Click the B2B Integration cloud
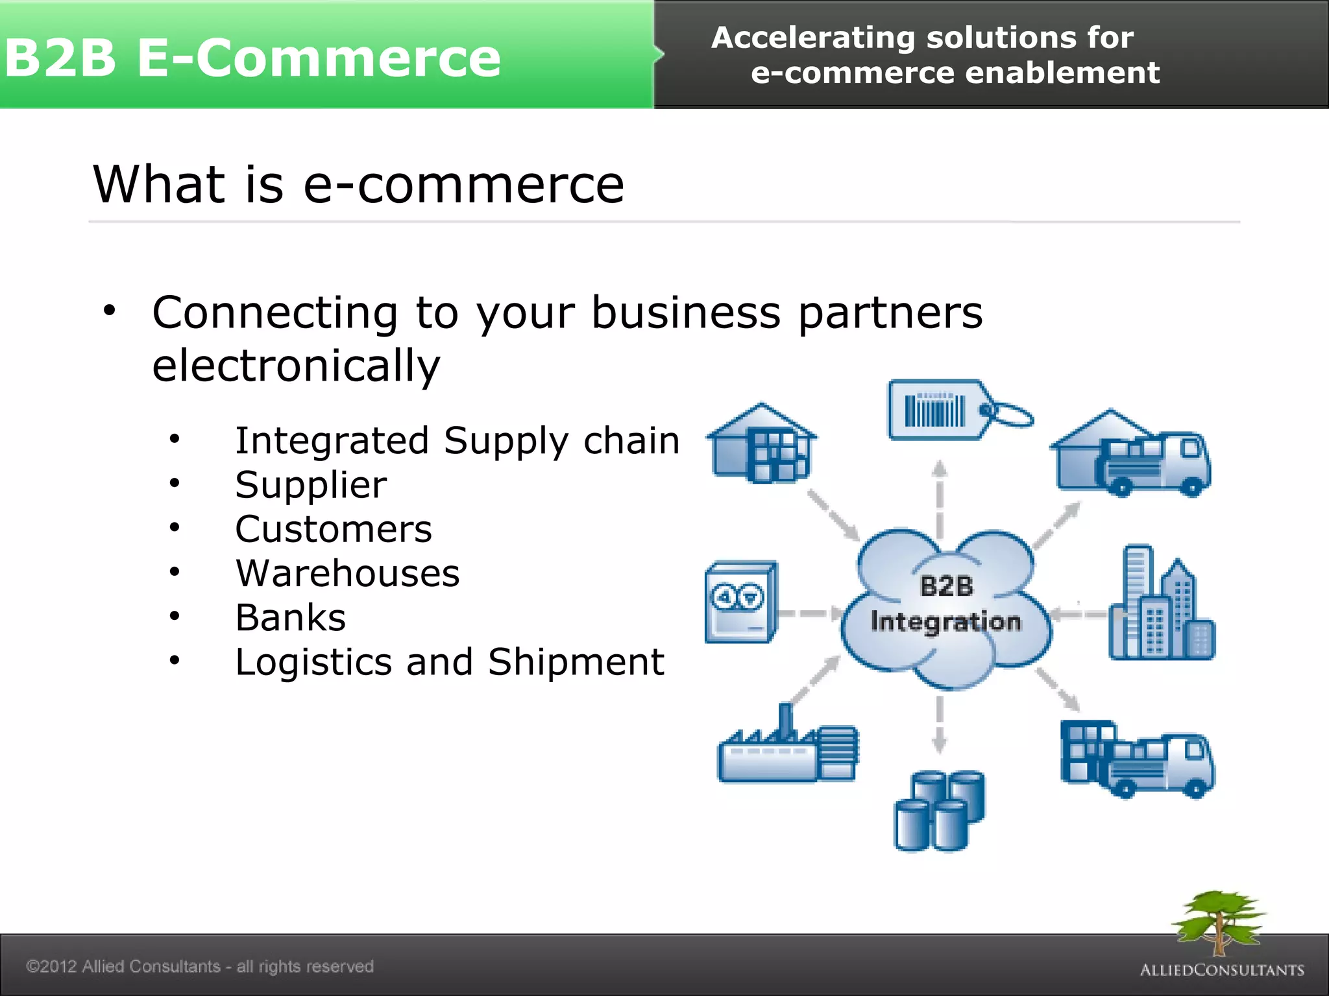coord(945,606)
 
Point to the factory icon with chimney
coord(787,749)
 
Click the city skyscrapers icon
coord(1160,606)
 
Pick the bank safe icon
coord(740,602)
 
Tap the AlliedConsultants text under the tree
coord(1222,970)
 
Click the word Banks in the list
coord(291,617)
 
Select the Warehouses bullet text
coord(347,573)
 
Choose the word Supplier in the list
coord(311,485)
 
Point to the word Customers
coord(334,529)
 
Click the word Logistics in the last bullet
coord(313,662)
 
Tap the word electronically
coord(296,366)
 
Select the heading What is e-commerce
coord(358,184)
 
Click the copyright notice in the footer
coord(200,966)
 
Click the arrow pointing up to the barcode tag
coord(939,496)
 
